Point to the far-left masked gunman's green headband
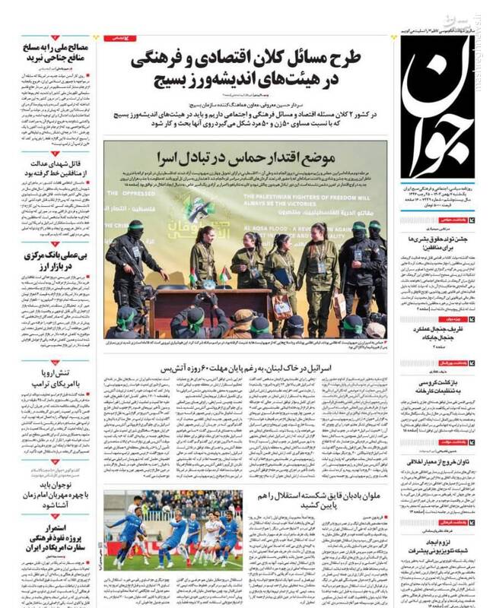click(135, 226)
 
